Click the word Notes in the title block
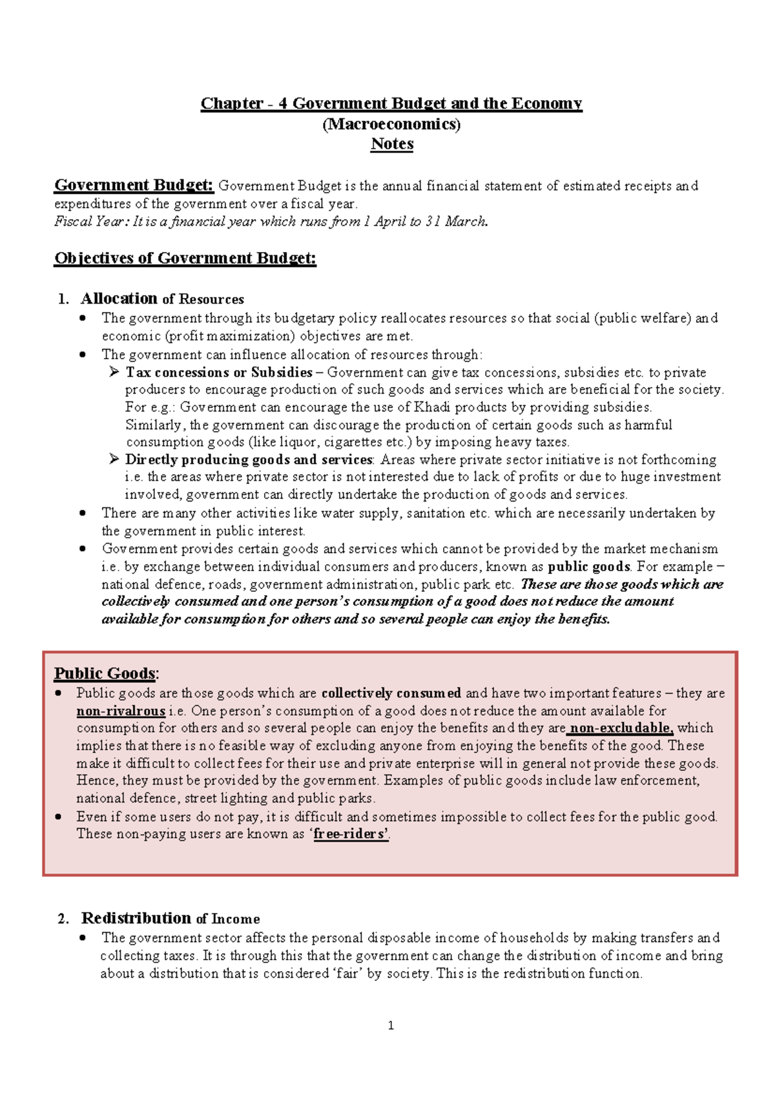click(391, 144)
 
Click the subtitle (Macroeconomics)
click(391, 124)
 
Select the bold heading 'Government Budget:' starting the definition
click(134, 185)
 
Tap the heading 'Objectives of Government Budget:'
click(185, 258)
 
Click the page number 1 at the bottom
click(391, 1026)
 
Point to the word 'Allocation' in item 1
click(119, 299)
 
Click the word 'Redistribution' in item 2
click(136, 918)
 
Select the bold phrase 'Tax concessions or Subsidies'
click(219, 372)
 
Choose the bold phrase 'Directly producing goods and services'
click(249, 459)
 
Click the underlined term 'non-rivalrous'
click(121, 711)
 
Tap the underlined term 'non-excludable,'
click(621, 728)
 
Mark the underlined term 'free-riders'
click(351, 834)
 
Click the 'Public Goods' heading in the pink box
click(105, 673)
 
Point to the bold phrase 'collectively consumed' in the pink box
click(391, 693)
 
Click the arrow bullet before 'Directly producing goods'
click(114, 459)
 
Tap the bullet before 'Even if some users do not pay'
click(59, 817)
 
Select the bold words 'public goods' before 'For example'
click(588, 567)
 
